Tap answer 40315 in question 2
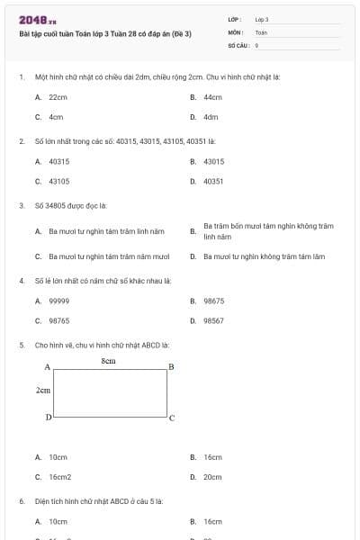point(58,161)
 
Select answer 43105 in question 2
point(58,181)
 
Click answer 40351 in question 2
point(213,181)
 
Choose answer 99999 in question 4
point(58,301)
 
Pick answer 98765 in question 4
point(58,320)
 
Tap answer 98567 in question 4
point(213,320)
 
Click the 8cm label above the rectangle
point(109,360)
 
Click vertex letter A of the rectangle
point(47,367)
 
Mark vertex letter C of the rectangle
point(172,418)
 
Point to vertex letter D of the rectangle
point(48,418)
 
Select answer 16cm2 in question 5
point(60,477)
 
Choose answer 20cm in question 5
point(212,477)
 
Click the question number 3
point(21,205)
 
